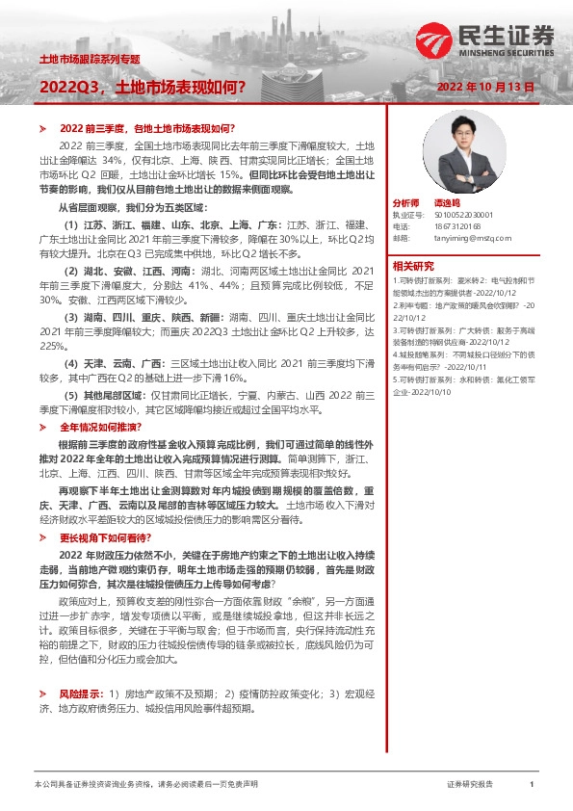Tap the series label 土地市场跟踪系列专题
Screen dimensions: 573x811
[x=89, y=60]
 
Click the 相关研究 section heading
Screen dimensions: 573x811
[x=413, y=265]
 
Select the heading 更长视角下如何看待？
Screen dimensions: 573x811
[x=98, y=537]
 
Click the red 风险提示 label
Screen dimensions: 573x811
[x=78, y=693]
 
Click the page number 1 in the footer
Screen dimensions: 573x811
[x=532, y=785]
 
